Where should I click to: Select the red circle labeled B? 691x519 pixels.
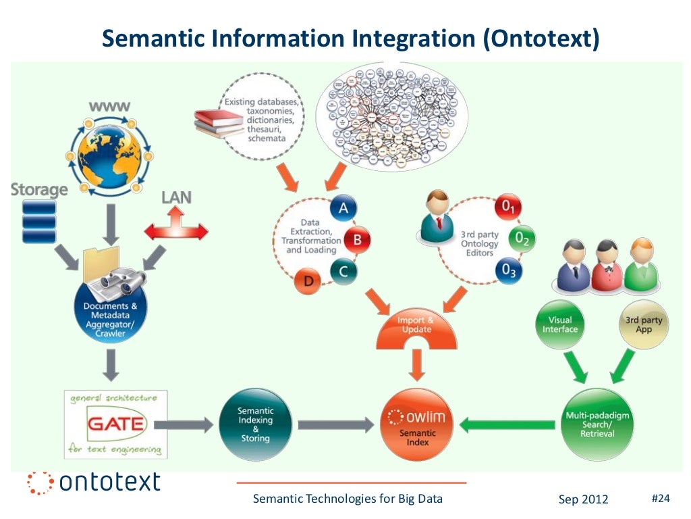pyautogui.click(x=358, y=239)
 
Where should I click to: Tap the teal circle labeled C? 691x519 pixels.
pyautogui.click(x=343, y=271)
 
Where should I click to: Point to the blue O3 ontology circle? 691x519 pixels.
pyautogui.click(x=509, y=270)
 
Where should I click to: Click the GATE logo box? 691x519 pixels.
pyautogui.click(x=116, y=424)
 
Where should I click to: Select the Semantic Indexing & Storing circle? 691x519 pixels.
pyautogui.click(x=256, y=424)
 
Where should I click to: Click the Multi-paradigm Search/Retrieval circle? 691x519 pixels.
pyautogui.click(x=597, y=424)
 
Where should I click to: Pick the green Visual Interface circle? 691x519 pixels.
pyautogui.click(x=561, y=325)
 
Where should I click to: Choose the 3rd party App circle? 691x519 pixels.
pyautogui.click(x=644, y=325)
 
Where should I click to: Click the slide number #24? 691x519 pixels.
pyautogui.click(x=660, y=499)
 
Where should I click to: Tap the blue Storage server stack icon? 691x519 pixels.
pyautogui.click(x=38, y=222)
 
